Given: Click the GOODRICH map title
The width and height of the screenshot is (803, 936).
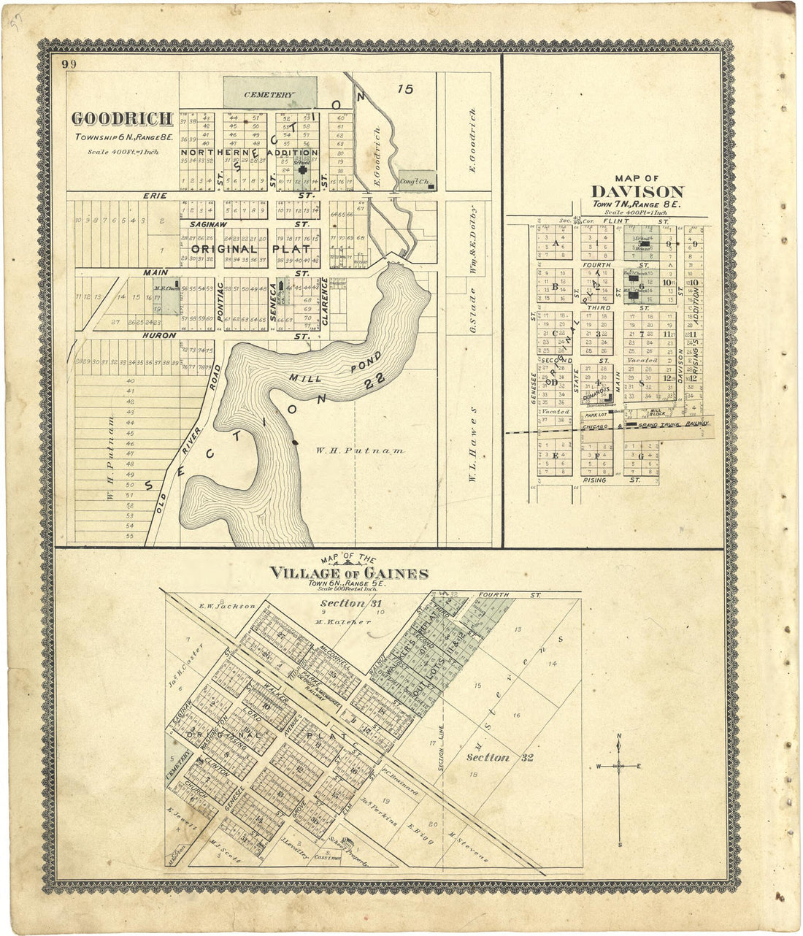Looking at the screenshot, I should pyautogui.click(x=122, y=118).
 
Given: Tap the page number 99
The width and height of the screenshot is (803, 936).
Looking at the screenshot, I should pyautogui.click(x=69, y=64).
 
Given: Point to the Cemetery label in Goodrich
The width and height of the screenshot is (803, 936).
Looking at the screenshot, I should pyautogui.click(x=269, y=95).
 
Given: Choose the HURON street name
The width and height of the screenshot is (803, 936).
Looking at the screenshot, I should pyautogui.click(x=159, y=335).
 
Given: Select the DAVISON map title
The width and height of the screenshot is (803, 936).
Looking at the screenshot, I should pyautogui.click(x=637, y=192).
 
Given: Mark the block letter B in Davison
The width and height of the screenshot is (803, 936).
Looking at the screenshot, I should pyautogui.click(x=555, y=286).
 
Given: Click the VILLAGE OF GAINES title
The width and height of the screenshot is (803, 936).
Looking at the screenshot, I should pyautogui.click(x=349, y=573).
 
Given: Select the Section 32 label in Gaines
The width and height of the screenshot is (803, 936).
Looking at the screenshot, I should pyautogui.click(x=499, y=757).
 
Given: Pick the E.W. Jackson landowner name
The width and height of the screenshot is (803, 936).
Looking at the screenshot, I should pyautogui.click(x=227, y=606).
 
